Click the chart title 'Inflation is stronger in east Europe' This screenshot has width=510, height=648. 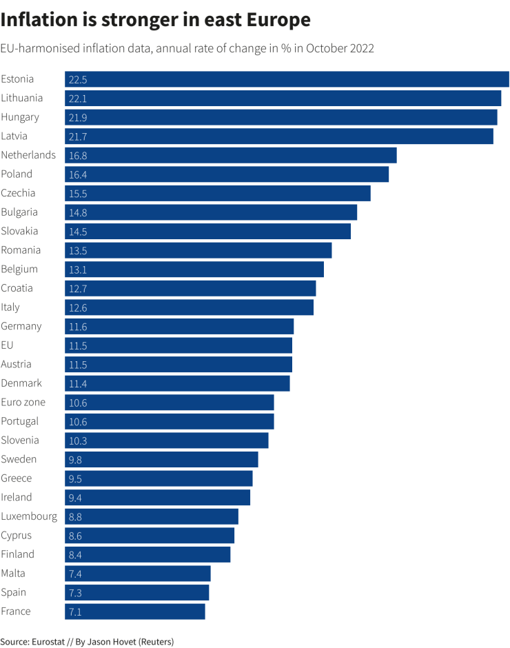click(155, 21)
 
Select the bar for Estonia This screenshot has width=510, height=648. click(287, 79)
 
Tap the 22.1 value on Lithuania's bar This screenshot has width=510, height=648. click(77, 99)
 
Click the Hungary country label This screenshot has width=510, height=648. click(20, 117)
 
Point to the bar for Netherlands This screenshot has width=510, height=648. click(231, 155)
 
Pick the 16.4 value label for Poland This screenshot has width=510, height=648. click(77, 174)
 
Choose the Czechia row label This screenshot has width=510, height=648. click(18, 193)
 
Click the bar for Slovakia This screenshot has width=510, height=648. click(207, 231)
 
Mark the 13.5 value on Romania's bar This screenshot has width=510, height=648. click(77, 250)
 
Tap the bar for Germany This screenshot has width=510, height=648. click(179, 326)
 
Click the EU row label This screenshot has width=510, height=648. click(8, 345)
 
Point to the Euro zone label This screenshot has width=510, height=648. click(23, 402)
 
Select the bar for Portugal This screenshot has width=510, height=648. click(170, 421)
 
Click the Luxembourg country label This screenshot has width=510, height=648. click(29, 516)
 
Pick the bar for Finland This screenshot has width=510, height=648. click(147, 554)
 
